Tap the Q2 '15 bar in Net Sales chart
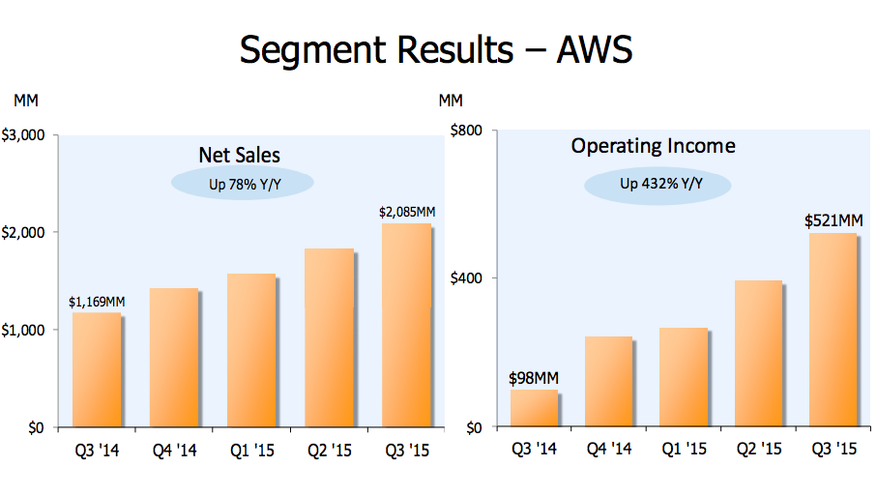(329, 337)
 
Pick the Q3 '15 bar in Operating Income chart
(833, 330)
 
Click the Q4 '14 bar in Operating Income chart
(608, 381)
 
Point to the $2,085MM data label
(406, 212)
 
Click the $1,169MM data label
(97, 302)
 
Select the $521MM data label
(833, 220)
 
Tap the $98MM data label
(534, 378)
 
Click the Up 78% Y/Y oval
(243, 183)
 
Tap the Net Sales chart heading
(240, 155)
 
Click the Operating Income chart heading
(653, 146)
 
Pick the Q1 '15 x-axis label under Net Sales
(250, 450)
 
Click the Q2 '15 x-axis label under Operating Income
(758, 449)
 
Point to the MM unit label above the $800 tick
(451, 100)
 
